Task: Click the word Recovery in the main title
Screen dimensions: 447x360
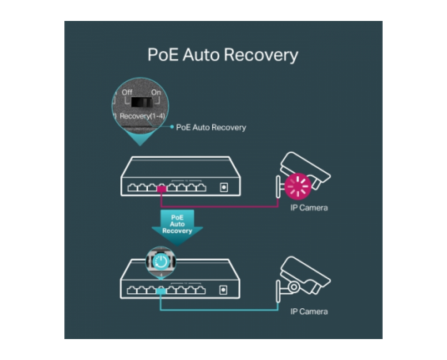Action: pos(261,55)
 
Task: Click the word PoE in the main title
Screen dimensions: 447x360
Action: pos(163,54)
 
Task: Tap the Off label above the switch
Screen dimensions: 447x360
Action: pos(127,93)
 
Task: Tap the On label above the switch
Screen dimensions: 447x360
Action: pos(156,93)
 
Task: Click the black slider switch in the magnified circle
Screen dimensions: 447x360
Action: pos(142,102)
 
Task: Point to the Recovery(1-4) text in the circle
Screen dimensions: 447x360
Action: pos(142,116)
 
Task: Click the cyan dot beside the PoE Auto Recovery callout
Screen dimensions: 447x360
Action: pos(171,127)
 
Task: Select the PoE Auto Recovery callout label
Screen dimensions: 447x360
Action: pos(211,128)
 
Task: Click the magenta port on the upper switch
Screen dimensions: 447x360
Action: pos(161,189)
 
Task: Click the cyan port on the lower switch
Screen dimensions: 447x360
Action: pos(161,292)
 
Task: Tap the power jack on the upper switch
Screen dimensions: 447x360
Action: pos(224,187)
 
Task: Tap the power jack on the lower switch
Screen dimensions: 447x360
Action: pos(224,290)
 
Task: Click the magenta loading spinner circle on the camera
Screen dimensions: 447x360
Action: pos(298,186)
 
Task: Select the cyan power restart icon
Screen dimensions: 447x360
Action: pos(161,261)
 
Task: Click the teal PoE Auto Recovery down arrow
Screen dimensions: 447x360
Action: pos(177,227)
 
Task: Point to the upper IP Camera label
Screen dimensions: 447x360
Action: pos(309,208)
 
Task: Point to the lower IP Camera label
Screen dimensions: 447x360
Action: pos(309,312)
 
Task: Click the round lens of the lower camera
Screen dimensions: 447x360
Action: pos(293,287)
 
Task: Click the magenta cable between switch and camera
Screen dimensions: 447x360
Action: pos(220,206)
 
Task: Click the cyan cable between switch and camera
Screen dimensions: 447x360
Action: pos(219,310)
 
